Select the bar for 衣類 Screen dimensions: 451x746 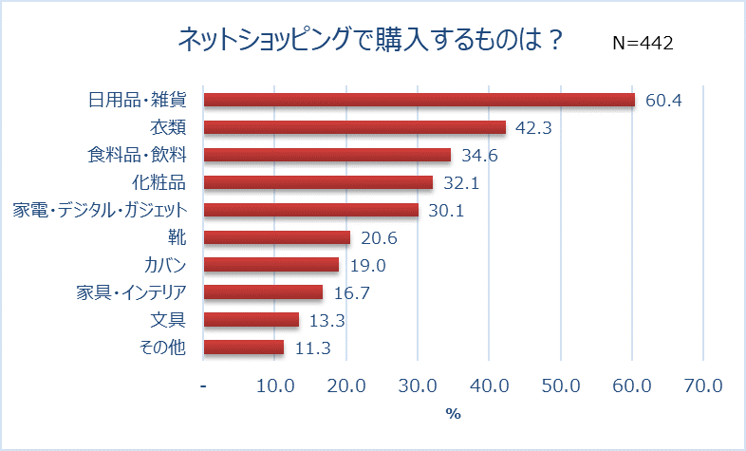355,127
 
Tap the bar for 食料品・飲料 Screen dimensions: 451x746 327,155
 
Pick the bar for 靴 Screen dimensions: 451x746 277,237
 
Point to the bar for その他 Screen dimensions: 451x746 244,348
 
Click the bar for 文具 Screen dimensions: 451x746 252,320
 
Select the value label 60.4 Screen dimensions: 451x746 664,101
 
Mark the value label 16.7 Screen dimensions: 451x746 352,292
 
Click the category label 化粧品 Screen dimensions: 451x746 159,182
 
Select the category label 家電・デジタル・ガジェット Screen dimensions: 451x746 100,210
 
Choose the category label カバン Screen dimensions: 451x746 160,265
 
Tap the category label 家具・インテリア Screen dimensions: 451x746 132,292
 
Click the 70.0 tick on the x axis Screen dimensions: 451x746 702,386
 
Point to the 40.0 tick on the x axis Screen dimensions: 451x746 489,386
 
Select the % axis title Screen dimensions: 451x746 453,414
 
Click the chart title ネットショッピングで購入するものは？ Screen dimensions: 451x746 372,40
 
